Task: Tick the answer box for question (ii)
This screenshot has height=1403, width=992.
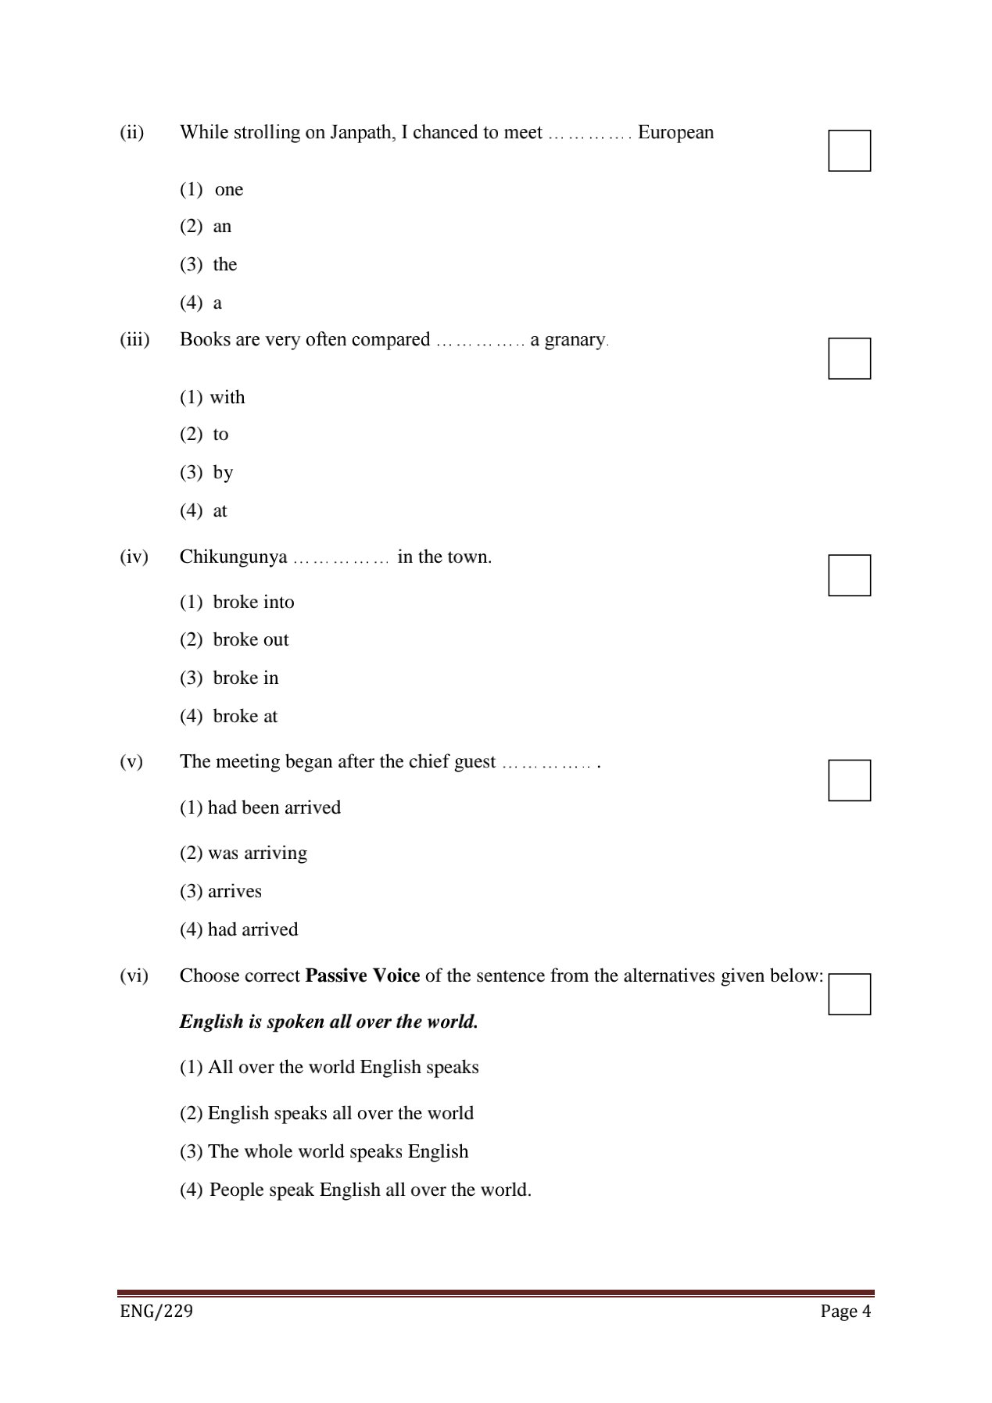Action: tap(849, 151)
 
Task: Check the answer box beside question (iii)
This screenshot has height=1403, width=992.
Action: tap(849, 359)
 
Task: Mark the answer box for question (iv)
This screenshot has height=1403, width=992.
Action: tap(849, 575)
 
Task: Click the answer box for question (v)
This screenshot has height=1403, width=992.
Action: tap(849, 780)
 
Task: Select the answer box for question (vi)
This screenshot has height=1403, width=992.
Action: tap(849, 994)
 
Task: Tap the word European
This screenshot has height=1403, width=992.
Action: tap(675, 133)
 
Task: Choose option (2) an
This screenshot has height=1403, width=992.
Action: tap(222, 227)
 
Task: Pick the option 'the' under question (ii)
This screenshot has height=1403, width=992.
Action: tap(224, 265)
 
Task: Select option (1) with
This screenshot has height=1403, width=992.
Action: tap(227, 398)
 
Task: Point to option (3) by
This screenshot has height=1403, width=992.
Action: tap(223, 473)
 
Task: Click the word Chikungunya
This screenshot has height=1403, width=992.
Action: tap(233, 558)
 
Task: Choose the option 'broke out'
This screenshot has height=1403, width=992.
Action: tap(250, 640)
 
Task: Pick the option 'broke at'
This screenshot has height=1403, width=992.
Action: tap(245, 717)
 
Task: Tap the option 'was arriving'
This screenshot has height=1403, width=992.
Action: tap(257, 854)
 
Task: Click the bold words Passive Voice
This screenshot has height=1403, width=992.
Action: tap(363, 976)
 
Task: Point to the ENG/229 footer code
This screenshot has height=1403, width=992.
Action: tap(156, 1311)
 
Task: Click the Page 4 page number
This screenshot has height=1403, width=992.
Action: tap(845, 1312)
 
